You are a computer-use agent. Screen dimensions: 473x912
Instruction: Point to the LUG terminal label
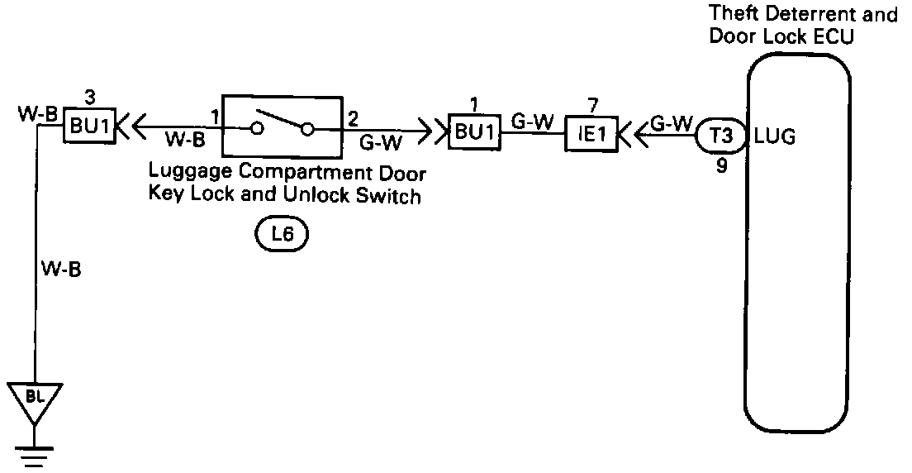[x=776, y=136]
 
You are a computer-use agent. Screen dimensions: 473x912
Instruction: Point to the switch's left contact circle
[x=257, y=129]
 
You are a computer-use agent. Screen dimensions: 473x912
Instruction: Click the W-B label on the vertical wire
[x=60, y=269]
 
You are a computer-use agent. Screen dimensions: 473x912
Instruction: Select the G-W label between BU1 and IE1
[x=532, y=120]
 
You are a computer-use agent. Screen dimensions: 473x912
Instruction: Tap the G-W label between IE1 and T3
[x=672, y=122]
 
